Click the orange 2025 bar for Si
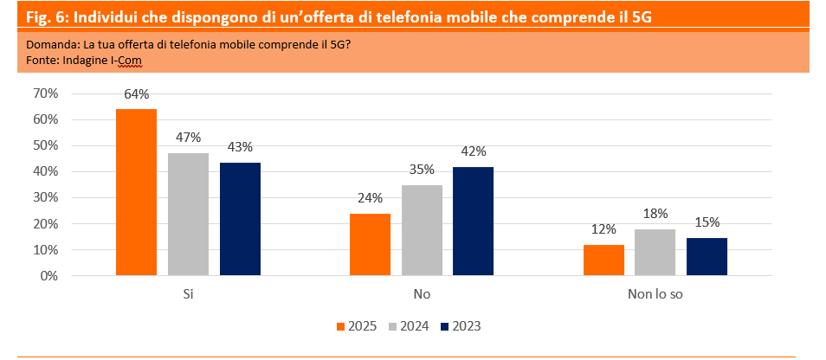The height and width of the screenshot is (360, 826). point(137,192)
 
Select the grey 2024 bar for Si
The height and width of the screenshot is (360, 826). point(188,215)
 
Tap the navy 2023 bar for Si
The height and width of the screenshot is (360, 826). point(240,219)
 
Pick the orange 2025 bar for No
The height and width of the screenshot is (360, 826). point(370,244)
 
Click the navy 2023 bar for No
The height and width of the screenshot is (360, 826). point(473,222)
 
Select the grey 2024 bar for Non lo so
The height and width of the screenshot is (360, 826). point(655,253)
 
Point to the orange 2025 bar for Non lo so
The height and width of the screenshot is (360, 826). point(603,260)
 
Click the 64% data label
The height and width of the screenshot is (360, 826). point(137,94)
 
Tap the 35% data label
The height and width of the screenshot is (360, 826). point(422,170)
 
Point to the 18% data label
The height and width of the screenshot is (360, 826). point(655,214)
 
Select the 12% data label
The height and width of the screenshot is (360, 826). point(603,229)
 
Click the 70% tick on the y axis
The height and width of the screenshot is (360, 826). point(45,93)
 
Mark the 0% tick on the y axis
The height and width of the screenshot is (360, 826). point(48,276)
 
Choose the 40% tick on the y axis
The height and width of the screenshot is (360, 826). point(45,171)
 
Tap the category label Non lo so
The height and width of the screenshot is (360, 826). point(655,295)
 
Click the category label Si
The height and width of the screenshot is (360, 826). point(188,295)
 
